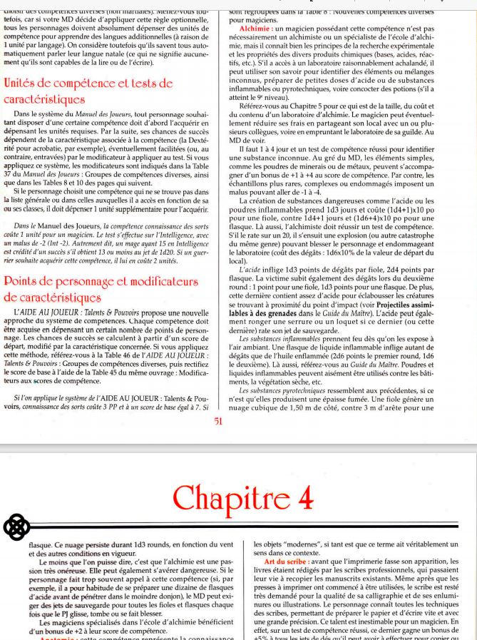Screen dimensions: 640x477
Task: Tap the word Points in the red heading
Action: coord(25,281)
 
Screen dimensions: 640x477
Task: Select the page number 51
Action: coord(218,421)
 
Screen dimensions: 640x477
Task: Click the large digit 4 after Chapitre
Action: coord(305,497)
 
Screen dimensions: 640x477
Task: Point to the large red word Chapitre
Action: coord(229,497)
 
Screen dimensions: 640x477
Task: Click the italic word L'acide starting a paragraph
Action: coord(250,268)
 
